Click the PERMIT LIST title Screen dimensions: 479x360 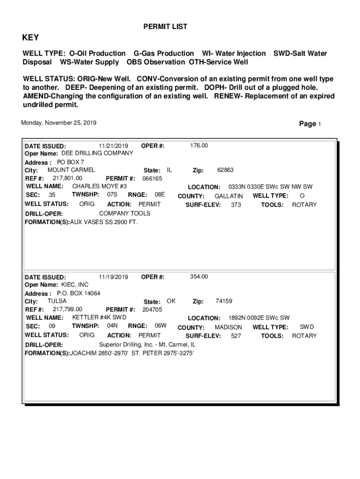(x=165, y=27)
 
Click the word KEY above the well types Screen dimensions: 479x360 (x=31, y=38)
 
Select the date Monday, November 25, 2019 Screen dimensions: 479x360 (x=59, y=123)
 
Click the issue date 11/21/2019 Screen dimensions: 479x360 (x=114, y=145)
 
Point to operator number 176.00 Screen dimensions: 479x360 (x=199, y=145)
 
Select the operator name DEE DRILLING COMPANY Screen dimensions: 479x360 (x=97, y=153)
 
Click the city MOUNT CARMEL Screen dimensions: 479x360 (x=71, y=170)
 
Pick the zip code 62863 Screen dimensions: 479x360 (x=225, y=170)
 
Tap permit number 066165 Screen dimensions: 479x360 (x=152, y=178)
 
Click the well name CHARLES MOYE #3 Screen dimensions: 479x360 (x=100, y=186)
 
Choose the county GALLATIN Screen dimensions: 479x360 (x=229, y=196)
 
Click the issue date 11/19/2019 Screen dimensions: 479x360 (x=114, y=276)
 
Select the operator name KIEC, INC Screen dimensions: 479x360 (x=75, y=284)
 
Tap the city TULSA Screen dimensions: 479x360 (x=57, y=301)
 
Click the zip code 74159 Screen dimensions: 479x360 (x=224, y=301)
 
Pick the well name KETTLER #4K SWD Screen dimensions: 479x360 (x=99, y=317)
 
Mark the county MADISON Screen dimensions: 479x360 (x=228, y=327)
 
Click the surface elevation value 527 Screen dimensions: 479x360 (x=236, y=336)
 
